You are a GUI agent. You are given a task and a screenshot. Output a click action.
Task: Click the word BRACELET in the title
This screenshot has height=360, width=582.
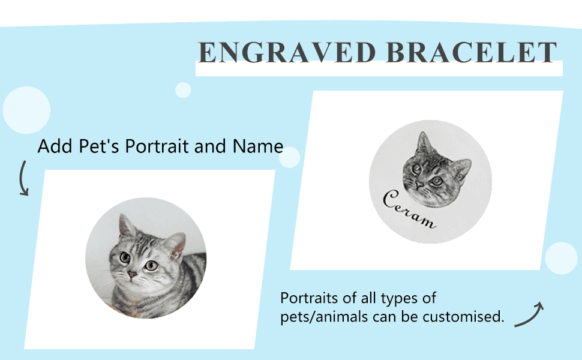point(472,53)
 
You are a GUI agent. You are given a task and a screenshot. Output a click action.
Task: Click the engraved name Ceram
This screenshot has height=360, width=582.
point(410,210)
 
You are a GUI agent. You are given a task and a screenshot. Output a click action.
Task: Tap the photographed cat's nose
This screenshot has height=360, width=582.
point(132,274)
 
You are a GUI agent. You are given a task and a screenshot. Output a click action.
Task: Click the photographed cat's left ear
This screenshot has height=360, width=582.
point(127,226)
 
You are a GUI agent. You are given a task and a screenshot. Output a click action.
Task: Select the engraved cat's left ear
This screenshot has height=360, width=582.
point(424,144)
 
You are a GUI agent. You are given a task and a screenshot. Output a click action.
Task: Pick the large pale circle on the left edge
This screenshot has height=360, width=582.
point(26,110)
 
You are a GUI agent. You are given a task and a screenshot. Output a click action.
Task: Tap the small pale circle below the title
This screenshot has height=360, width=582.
point(183,90)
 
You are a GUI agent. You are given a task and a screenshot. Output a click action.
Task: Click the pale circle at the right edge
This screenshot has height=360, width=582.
point(561,259)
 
